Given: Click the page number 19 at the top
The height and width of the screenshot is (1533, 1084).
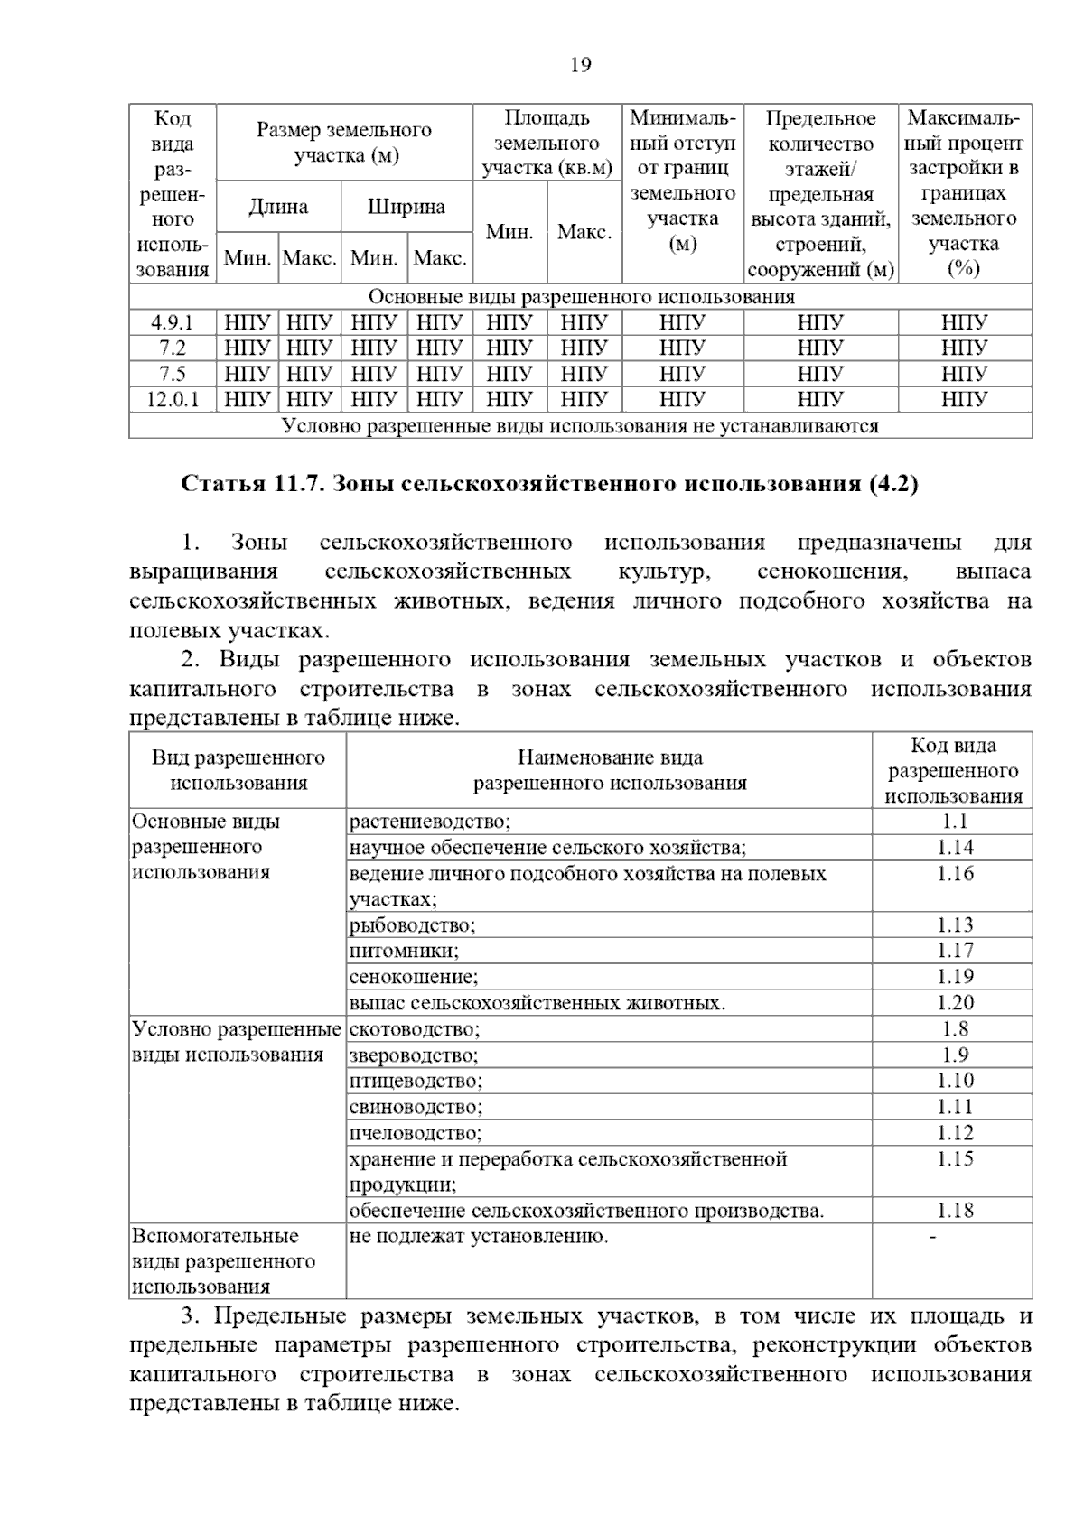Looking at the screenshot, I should point(581,65).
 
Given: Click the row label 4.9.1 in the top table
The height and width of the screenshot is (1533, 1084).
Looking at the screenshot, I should point(172,322).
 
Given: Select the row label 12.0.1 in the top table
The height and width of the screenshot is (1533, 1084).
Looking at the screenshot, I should point(173,399).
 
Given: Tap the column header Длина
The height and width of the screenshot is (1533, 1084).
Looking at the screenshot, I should point(278,207).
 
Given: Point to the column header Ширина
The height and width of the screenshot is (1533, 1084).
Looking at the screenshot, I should point(406,207).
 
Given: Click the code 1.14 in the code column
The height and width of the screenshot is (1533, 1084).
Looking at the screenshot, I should point(954,847).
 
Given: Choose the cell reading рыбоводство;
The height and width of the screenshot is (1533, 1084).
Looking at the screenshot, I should point(412,924).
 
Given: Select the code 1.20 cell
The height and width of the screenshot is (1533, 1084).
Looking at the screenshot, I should point(954,1002).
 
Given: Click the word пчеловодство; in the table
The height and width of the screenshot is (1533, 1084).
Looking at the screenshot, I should point(416,1132).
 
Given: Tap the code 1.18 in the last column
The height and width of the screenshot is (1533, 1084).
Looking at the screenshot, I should point(954,1210).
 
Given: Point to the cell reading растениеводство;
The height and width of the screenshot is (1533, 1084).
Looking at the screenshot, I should point(430,821).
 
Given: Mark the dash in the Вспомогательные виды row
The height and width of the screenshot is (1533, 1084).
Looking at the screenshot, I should point(933,1236).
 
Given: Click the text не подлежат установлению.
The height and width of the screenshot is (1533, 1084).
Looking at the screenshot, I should point(479,1236).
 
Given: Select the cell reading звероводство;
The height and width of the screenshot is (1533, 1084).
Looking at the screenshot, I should point(414,1055).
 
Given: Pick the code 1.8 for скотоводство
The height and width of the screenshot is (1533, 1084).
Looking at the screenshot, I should point(954,1028).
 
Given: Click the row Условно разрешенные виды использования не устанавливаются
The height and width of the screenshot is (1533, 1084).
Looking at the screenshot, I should point(580,425).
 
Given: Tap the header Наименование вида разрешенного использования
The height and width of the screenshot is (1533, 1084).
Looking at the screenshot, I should point(610,770).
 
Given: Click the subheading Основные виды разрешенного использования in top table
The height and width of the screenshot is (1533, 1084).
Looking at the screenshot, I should point(581,297).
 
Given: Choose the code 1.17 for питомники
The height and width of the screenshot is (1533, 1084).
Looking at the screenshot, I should point(954,950).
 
